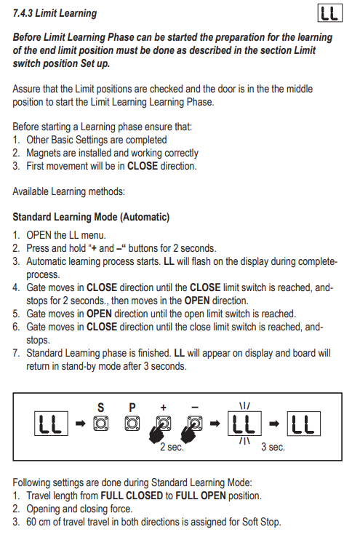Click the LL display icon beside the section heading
point(329,13)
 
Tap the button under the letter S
point(101,424)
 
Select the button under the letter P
point(132,424)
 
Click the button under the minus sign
point(195,424)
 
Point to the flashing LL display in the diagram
point(244,424)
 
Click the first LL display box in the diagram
point(51,424)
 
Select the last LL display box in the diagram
point(303,424)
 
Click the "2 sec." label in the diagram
point(172,447)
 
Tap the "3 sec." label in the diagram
point(273,447)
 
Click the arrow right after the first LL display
point(80,424)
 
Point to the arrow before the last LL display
point(274,424)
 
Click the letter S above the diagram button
point(100,408)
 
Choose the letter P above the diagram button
point(132,408)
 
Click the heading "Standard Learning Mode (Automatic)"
point(91,218)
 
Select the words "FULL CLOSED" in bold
point(132,496)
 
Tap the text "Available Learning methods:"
point(69,191)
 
